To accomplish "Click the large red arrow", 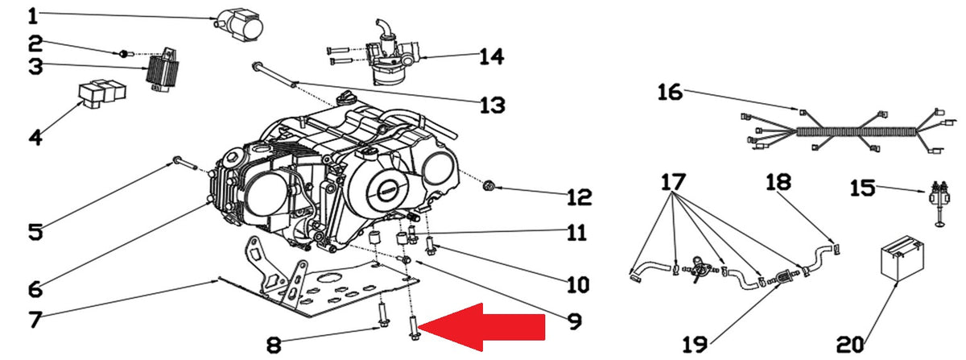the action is point(481,327).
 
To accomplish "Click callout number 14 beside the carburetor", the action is point(492,57).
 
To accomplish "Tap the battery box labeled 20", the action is point(902,259).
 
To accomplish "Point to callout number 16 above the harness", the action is point(670,93).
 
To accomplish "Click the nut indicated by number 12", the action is point(489,187).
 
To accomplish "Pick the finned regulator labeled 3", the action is point(162,74).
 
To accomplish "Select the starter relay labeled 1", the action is point(239,25).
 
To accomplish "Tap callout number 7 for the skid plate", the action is point(35,320).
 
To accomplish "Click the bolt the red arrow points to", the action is point(413,329).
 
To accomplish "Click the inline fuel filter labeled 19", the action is point(782,277).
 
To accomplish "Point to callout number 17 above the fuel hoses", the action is point(673,182).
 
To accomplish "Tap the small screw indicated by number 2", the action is point(123,53).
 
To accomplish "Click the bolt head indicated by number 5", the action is point(177,160).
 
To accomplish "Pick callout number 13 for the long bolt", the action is point(492,105).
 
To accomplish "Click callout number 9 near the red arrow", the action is point(575,321).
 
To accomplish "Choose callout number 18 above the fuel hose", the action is point(778,182).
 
